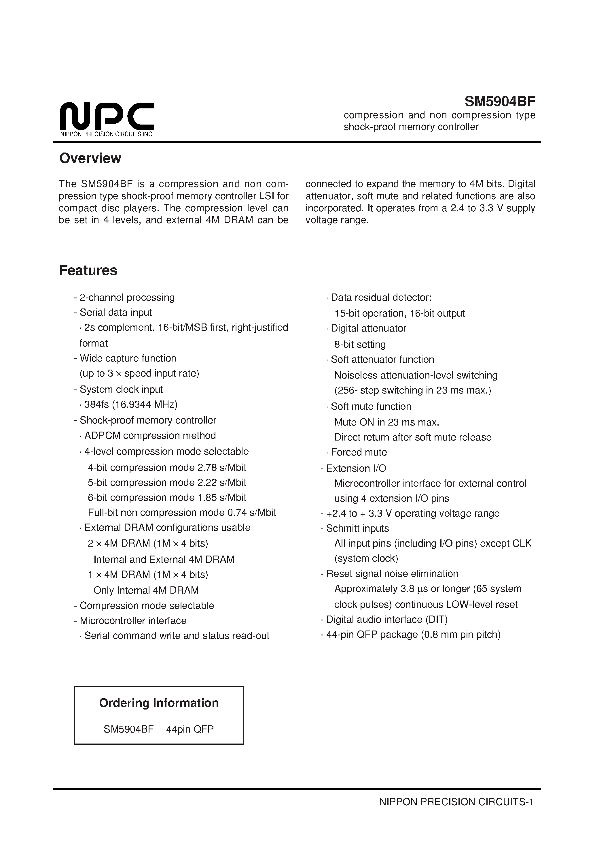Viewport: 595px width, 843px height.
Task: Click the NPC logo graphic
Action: (107, 116)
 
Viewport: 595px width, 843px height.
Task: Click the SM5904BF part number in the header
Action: (500, 101)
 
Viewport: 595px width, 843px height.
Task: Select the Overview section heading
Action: (90, 158)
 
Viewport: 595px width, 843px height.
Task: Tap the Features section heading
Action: (88, 271)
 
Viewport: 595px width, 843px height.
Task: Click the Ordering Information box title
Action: (159, 703)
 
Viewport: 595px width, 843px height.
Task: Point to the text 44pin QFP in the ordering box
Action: (190, 729)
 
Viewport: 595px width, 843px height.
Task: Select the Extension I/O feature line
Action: (356, 468)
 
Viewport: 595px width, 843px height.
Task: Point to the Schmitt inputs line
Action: (357, 528)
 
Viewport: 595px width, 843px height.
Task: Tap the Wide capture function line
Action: (128, 358)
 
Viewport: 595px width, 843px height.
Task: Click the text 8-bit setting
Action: (360, 345)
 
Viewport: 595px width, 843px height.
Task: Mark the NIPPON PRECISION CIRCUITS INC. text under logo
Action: (107, 134)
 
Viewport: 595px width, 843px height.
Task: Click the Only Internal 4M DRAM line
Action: (146, 590)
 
